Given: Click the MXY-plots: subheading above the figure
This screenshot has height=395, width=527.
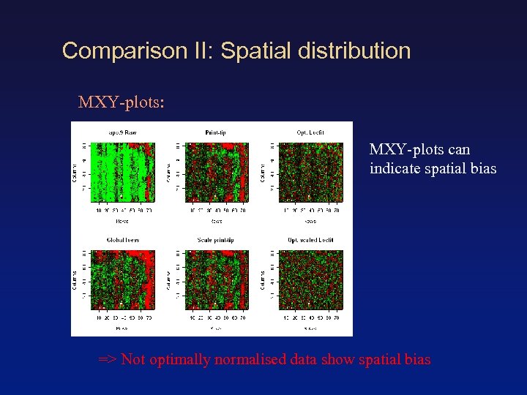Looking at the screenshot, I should coord(121,102).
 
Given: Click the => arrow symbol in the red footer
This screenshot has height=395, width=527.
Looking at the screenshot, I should coord(108,359).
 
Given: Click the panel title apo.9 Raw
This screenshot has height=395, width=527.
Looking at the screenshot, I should coord(122,132).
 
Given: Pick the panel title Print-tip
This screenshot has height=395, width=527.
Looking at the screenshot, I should coord(215,132).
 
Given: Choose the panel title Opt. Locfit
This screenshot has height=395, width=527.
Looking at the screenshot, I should coord(310,132).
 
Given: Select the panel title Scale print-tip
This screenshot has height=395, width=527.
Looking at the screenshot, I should coord(215,240).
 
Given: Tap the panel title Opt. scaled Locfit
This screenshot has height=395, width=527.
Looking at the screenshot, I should coord(310,240).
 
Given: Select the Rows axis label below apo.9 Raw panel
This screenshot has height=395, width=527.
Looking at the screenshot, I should coord(122,219).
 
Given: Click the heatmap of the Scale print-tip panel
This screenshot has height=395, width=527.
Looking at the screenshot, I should coord(219,279).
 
